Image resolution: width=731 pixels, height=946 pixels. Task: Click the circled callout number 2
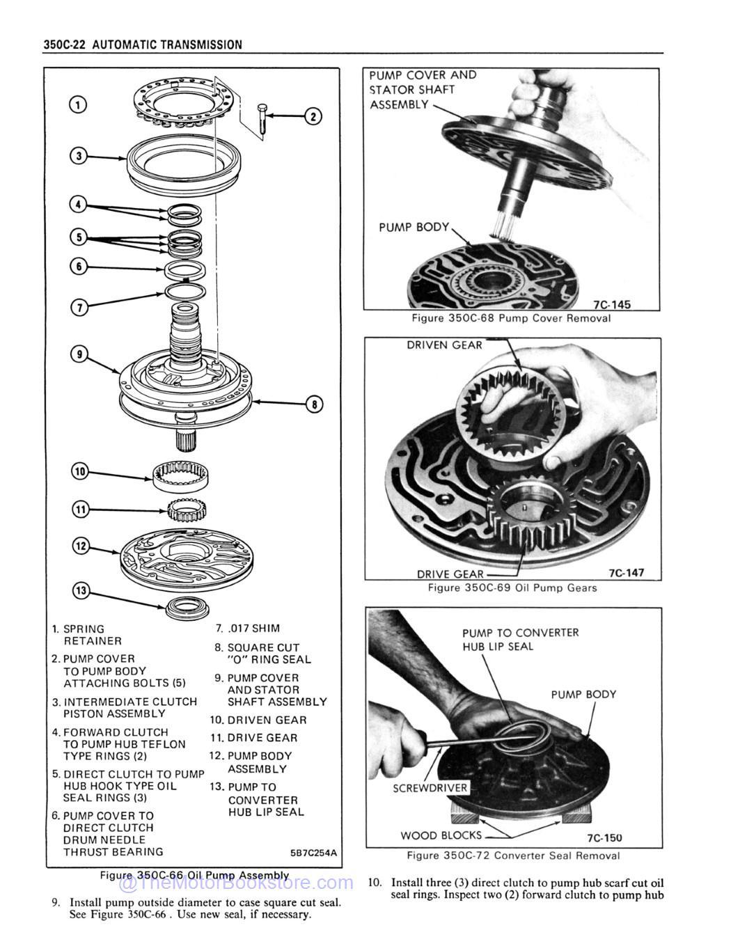tap(313, 117)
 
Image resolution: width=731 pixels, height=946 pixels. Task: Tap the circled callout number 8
tap(313, 404)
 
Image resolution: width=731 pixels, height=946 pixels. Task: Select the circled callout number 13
tap(81, 591)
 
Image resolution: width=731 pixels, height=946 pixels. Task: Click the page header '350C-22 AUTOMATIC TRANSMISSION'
tap(143, 45)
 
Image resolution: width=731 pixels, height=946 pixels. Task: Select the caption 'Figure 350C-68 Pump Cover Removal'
tap(511, 318)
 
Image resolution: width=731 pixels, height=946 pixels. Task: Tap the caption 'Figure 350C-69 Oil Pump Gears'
tap(512, 588)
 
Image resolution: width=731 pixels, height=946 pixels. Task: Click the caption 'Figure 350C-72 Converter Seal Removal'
tap(513, 856)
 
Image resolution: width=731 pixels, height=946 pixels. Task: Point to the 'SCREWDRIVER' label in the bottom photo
tap(430, 788)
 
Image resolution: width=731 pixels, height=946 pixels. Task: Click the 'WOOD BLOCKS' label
tap(441, 835)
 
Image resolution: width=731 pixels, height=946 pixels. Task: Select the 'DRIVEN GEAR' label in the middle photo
tap(444, 345)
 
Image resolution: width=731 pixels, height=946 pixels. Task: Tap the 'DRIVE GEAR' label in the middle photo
tap(449, 574)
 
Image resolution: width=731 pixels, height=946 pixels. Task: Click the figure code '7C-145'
tap(611, 304)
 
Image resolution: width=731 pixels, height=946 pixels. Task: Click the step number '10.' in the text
tap(375, 883)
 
